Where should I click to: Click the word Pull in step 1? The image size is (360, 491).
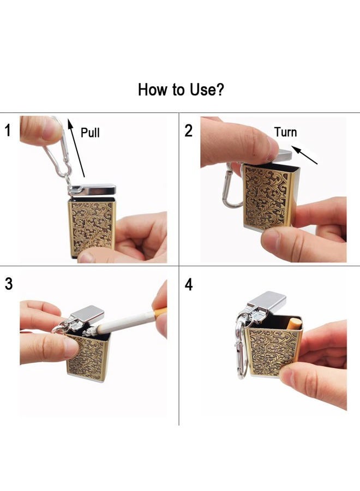click(x=90, y=133)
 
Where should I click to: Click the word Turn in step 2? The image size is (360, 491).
click(x=285, y=132)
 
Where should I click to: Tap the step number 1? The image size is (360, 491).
click(x=8, y=130)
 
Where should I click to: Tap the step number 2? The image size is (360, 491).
click(x=188, y=130)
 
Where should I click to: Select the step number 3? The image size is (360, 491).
click(x=9, y=284)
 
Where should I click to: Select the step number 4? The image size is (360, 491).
click(x=188, y=285)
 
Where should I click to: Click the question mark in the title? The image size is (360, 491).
click(x=220, y=89)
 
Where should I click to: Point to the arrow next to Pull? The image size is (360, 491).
click(x=76, y=147)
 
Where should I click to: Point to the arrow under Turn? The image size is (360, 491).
click(x=304, y=155)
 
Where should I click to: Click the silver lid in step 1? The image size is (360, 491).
click(x=93, y=189)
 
